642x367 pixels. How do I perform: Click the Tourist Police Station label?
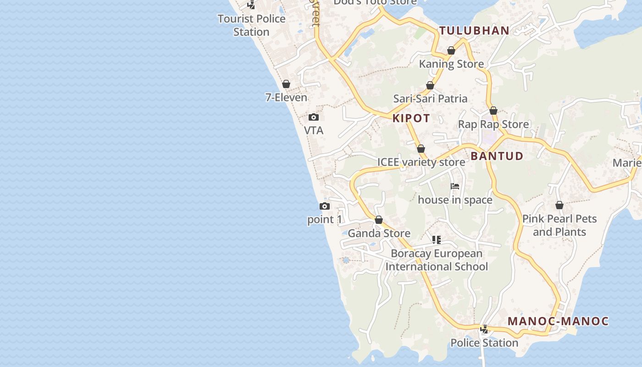[251, 25]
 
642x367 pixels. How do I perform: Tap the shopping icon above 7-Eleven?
[286, 84]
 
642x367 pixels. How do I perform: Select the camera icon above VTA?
[314, 117]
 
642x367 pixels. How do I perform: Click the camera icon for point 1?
[325, 206]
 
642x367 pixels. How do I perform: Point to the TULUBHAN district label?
[474, 31]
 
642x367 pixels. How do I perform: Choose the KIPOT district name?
[411, 118]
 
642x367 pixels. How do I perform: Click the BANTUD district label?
[497, 156]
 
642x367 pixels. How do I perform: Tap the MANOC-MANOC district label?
[558, 321]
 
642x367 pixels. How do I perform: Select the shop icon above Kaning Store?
[451, 50]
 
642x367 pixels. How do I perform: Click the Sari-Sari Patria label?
[430, 99]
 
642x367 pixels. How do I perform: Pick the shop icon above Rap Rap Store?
[493, 111]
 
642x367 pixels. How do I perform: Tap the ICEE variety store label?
[421, 162]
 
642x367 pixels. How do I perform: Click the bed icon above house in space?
[455, 186]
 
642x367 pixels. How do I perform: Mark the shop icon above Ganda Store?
[379, 220]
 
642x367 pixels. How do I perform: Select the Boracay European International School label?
[437, 260]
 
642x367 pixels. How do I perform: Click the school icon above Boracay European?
[437, 240]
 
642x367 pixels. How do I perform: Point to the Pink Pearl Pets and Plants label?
[559, 225]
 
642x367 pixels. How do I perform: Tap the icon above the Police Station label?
[484, 329]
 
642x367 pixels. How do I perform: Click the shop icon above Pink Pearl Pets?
[559, 205]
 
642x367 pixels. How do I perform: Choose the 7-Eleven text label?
[286, 97]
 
